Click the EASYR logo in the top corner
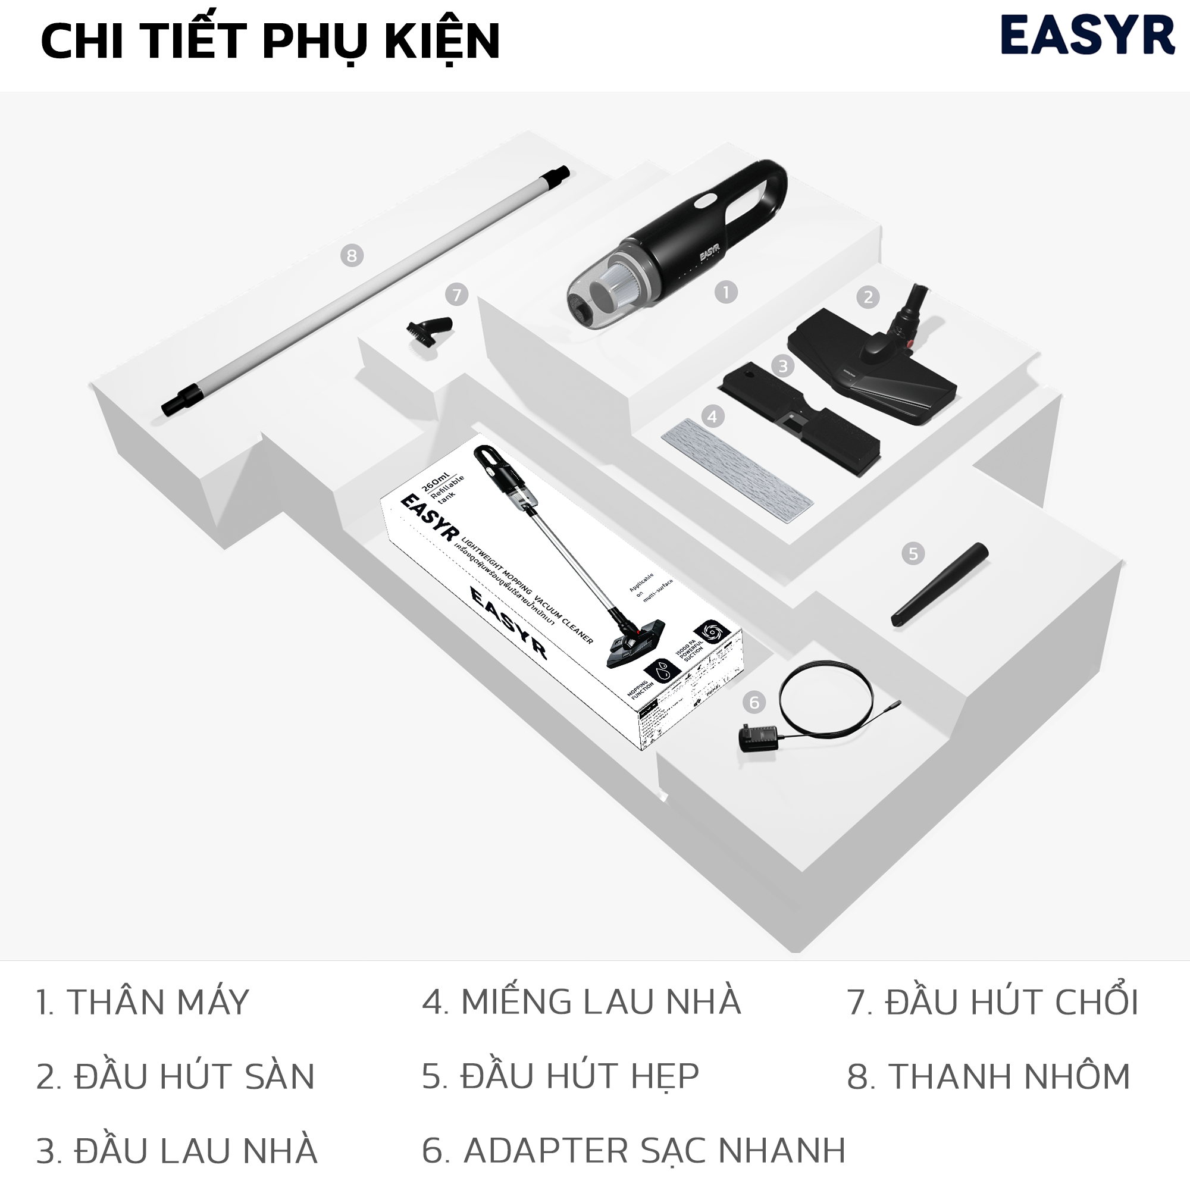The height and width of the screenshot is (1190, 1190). (x=1087, y=36)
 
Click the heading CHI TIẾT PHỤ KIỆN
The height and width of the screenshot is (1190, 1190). (x=270, y=40)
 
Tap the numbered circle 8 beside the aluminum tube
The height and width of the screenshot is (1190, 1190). (x=352, y=255)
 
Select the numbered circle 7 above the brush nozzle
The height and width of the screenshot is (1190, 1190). (x=456, y=295)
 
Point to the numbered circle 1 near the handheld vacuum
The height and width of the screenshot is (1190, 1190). (x=725, y=292)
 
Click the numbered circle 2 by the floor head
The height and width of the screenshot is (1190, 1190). (x=868, y=297)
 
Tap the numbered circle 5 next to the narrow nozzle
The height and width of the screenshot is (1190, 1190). (x=913, y=554)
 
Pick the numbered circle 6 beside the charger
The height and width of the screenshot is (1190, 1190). (x=754, y=702)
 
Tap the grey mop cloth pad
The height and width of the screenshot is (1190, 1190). (x=737, y=469)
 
